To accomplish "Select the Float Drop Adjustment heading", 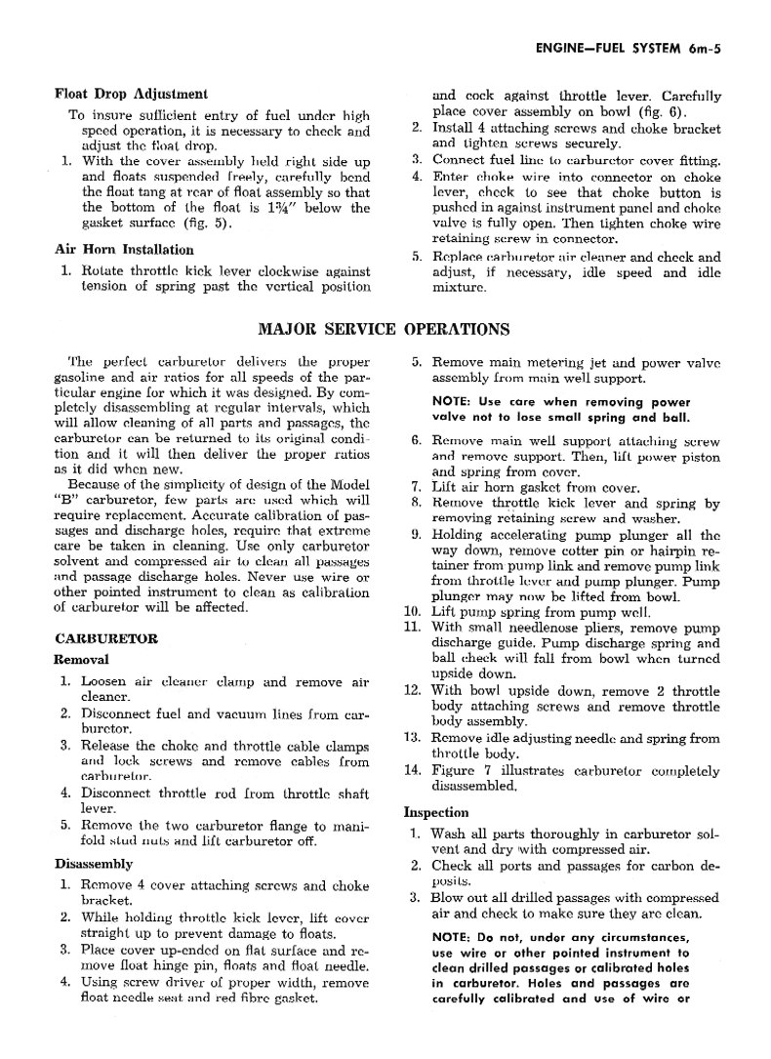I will pyautogui.click(x=131, y=95).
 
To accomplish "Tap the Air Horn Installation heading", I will pyautogui.click(x=124, y=250).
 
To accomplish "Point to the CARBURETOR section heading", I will pyautogui.click(x=106, y=639).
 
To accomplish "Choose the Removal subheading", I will pyautogui.click(x=81, y=660).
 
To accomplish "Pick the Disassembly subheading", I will pyautogui.click(x=94, y=865).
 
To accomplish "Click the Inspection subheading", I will pyautogui.click(x=436, y=812).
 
